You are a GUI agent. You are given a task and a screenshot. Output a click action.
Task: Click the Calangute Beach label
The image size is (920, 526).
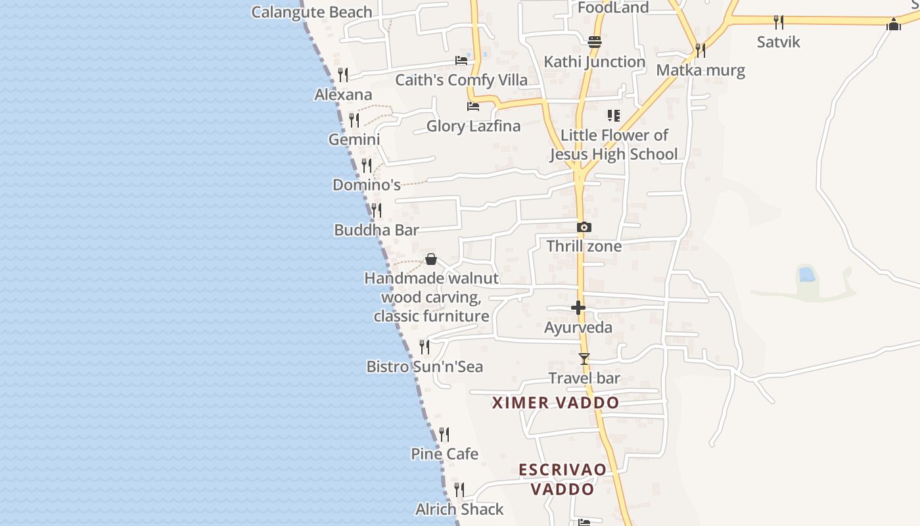coord(311,12)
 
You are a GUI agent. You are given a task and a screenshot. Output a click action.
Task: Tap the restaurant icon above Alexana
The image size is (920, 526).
coord(342,74)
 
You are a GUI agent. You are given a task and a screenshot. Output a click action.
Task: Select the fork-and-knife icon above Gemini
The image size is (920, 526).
coord(354,120)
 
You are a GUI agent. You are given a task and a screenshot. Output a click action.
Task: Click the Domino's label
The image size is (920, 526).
coord(367,185)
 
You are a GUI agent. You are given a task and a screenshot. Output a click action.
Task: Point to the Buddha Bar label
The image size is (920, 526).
coord(377,230)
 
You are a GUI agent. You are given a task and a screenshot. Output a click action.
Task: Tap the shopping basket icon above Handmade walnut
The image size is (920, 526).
coord(431,259)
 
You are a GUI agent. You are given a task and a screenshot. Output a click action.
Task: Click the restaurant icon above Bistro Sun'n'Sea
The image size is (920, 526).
coord(425,347)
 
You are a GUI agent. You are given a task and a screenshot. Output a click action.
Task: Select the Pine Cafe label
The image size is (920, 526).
coord(444,454)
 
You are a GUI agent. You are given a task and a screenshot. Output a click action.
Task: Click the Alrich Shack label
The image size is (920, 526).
coord(459,509)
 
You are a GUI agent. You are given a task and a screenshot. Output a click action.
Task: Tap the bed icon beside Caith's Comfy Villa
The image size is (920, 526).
coord(461,60)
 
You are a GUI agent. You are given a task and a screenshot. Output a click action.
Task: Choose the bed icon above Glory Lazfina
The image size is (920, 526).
coord(472,107)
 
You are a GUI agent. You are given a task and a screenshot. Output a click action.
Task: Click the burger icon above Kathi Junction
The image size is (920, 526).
coord(595,42)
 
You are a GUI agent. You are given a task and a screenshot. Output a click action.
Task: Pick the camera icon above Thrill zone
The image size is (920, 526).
coord(584,227)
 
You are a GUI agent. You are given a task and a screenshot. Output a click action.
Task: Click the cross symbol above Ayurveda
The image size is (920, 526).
coord(578,307)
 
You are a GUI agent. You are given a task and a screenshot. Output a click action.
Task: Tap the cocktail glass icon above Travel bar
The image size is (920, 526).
coord(584,359)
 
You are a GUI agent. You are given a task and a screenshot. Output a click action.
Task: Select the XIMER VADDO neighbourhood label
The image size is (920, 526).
coord(555,402)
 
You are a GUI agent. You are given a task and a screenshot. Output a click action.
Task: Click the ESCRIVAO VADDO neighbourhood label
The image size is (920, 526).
coord(563,479)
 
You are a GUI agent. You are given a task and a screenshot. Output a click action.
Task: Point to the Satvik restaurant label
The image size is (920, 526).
coord(779,42)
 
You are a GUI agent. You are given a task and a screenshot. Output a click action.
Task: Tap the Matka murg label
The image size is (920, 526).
coord(701,70)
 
